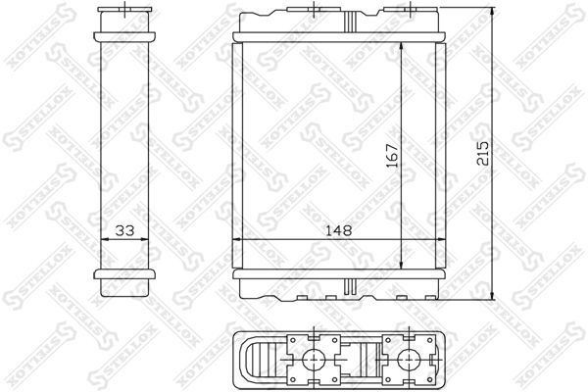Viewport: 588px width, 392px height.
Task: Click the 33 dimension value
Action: pos(124,230)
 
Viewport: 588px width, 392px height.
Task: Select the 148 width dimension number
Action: pos(338,230)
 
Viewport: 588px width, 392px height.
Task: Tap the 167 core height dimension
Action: pos(392,155)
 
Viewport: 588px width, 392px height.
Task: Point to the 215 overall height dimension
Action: pos(482,153)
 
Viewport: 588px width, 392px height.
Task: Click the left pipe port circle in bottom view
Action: pos(314,361)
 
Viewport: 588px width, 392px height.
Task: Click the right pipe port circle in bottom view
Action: pos(409,361)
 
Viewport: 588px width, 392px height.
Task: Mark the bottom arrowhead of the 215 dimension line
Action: pos(492,294)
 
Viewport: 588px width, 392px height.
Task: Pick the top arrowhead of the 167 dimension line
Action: pos(402,48)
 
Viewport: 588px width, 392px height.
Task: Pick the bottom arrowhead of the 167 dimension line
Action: pos(402,264)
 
